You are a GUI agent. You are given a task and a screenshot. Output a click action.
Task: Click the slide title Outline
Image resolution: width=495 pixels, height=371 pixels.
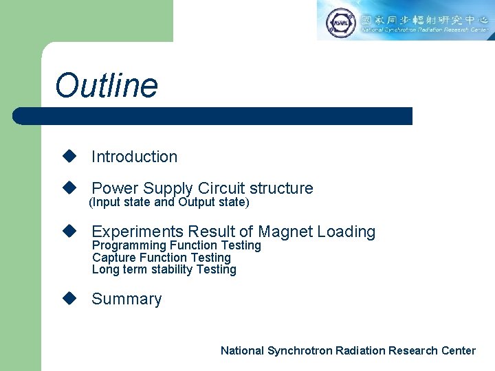(x=107, y=87)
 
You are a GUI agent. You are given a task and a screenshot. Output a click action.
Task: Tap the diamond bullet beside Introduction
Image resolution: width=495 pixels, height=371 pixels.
(x=68, y=157)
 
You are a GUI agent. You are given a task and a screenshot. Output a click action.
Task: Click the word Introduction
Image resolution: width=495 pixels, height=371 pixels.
(x=134, y=157)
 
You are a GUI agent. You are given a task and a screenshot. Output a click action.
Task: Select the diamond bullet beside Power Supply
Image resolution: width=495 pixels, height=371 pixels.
(x=68, y=188)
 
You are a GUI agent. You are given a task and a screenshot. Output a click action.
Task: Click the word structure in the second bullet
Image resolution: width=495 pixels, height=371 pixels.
(x=280, y=188)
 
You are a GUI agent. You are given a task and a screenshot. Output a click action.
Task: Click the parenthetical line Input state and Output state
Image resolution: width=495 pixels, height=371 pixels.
(x=169, y=202)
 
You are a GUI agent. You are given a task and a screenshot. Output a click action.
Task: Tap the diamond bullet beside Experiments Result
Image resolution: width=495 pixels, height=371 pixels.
(x=68, y=232)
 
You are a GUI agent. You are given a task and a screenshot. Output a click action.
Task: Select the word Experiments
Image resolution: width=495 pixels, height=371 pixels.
(x=137, y=232)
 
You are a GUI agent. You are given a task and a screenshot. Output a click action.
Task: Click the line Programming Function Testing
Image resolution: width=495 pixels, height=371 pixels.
(x=177, y=245)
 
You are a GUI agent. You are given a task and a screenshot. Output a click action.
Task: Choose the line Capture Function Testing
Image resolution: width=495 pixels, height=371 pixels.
(x=162, y=258)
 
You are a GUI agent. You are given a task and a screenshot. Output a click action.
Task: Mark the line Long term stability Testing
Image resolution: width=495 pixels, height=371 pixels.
(x=164, y=269)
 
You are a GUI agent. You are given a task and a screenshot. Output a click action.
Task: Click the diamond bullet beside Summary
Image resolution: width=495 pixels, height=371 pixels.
(x=68, y=298)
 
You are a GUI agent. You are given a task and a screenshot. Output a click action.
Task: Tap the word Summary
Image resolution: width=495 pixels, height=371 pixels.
(x=126, y=299)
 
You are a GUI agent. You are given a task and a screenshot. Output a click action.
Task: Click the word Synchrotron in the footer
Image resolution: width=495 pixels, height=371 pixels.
(x=299, y=350)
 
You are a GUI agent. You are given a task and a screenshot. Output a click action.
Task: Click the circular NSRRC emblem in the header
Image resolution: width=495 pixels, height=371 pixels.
(x=340, y=21)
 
